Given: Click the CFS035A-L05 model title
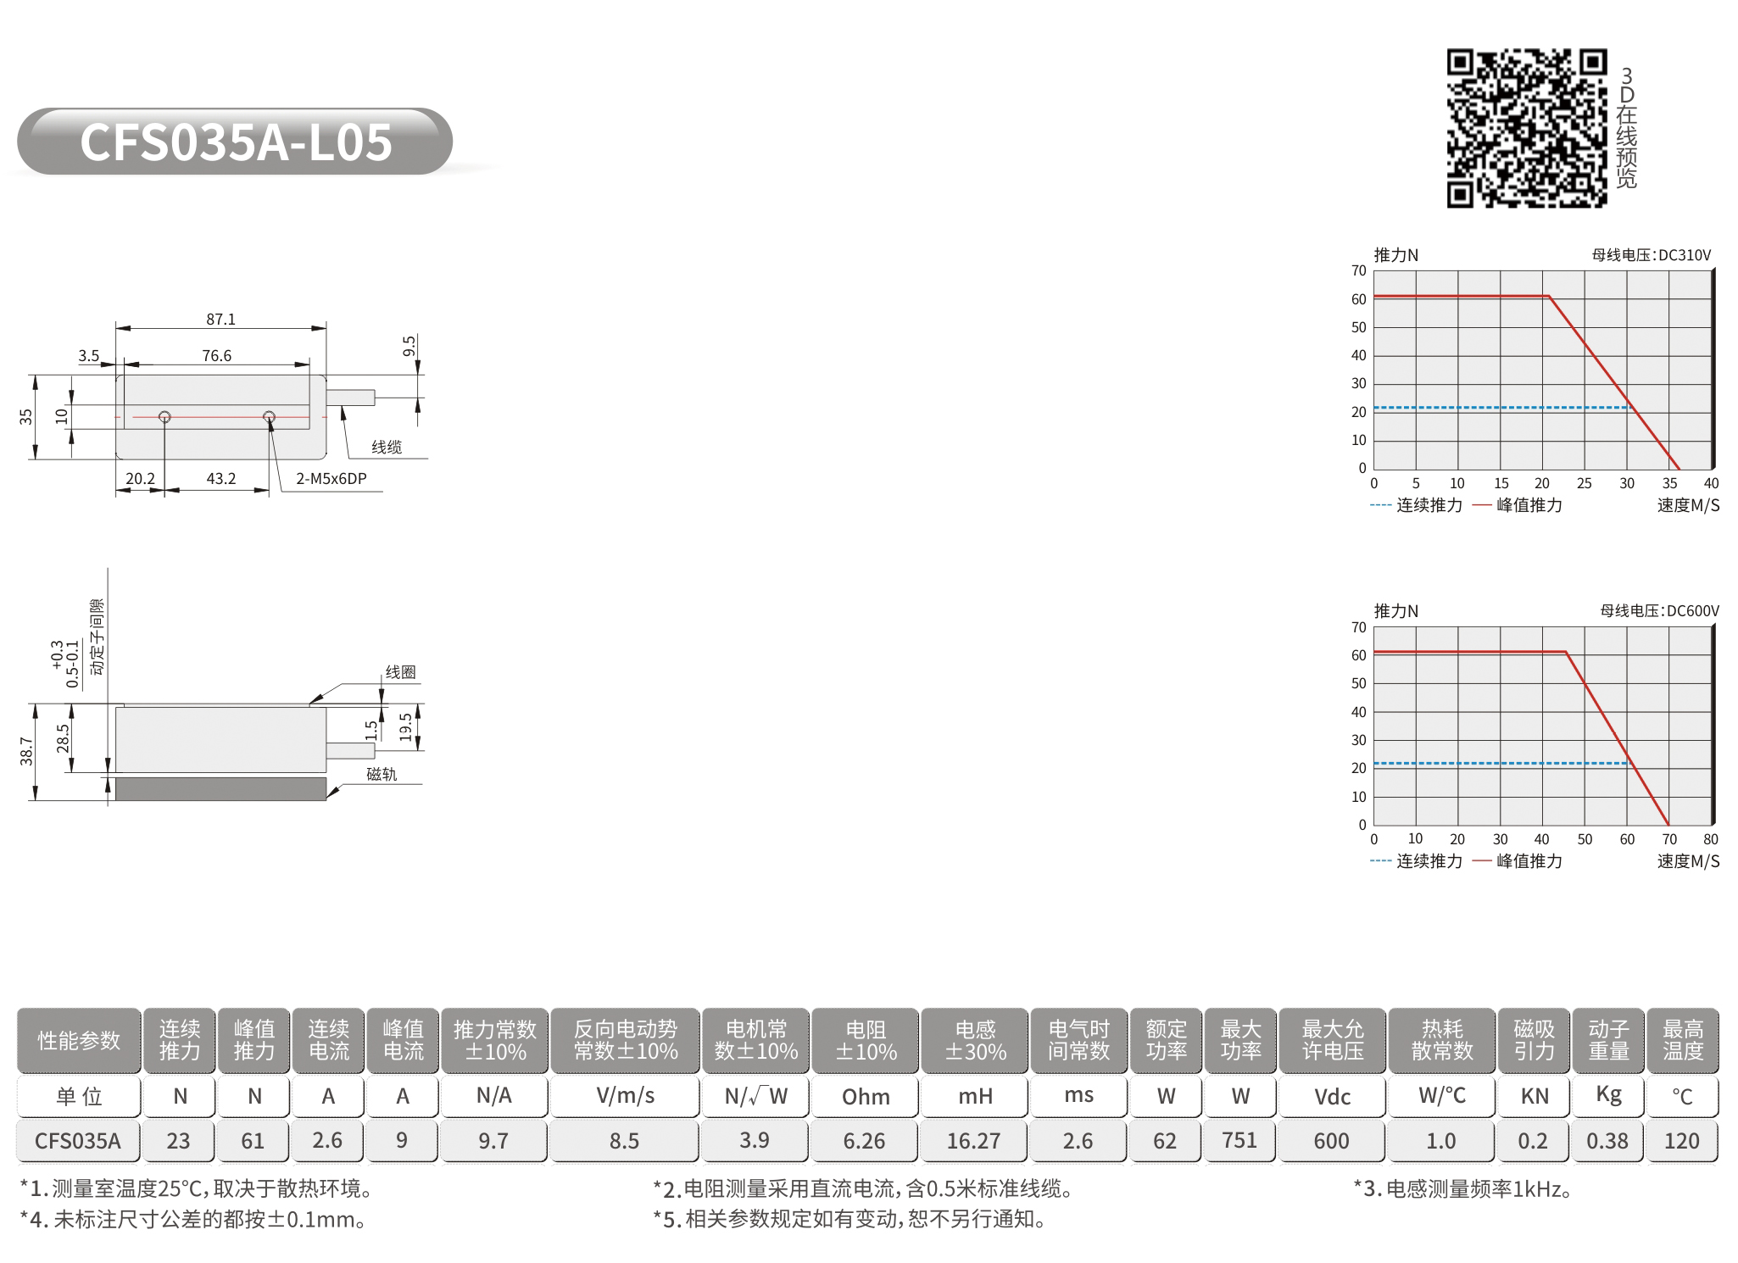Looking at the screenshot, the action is (236, 142).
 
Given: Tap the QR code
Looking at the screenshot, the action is (1526, 128).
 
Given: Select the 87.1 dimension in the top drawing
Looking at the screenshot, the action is (221, 320).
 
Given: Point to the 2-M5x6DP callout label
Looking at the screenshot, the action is (331, 479).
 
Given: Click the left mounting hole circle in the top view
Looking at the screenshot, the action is (164, 417).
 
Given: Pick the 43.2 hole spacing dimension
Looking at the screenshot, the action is (221, 479).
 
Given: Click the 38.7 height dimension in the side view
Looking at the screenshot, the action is (26, 751).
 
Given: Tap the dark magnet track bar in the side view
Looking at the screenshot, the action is (220, 788).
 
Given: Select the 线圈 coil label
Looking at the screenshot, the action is (401, 672).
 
